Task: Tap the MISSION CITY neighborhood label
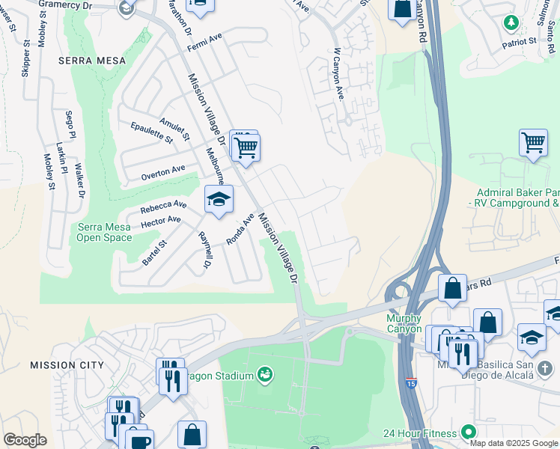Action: point(66,364)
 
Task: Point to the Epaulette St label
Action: point(151,132)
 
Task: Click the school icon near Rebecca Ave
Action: point(219,200)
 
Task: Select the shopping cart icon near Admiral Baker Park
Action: point(532,141)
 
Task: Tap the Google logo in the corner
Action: point(25,440)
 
